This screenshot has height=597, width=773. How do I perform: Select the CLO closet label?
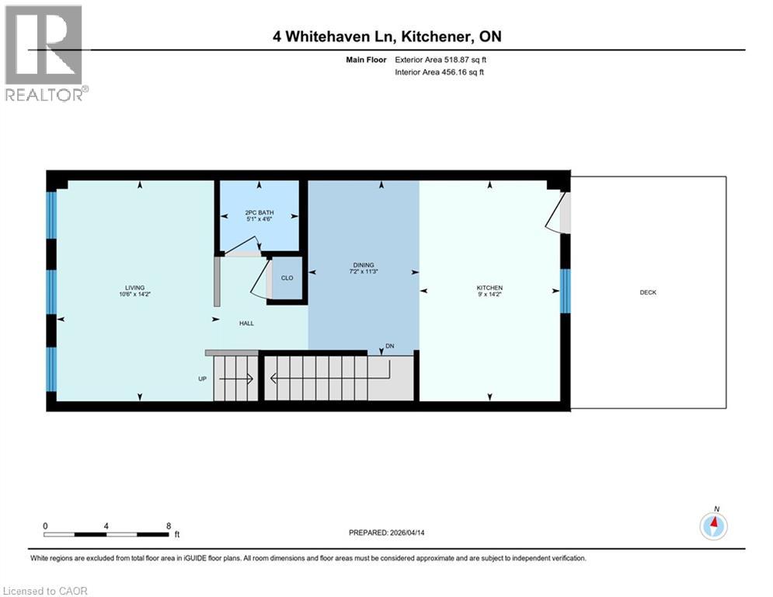[287, 277]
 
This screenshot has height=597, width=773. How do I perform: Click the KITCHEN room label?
[489, 288]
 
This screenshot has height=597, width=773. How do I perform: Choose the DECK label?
[648, 292]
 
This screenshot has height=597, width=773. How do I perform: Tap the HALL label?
[247, 323]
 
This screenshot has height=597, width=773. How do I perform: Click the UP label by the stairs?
[202, 379]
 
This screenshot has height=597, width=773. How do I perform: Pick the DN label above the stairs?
[389, 346]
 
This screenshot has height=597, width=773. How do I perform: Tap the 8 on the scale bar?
[169, 525]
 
